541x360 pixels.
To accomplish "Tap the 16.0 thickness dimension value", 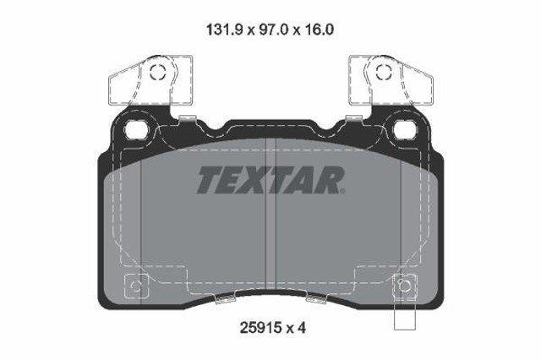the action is [x=319, y=30].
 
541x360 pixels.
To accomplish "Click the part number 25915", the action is [x=260, y=328].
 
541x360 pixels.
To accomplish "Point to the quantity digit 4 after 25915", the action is [x=301, y=328].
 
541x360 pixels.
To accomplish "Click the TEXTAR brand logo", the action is [x=271, y=180].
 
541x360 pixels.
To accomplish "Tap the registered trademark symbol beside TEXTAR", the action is [x=342, y=191].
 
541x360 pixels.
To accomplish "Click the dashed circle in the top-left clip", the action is [x=158, y=73].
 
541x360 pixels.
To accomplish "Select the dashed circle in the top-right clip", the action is [x=384, y=73].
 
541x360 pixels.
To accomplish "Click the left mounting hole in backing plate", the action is [x=137, y=129].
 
